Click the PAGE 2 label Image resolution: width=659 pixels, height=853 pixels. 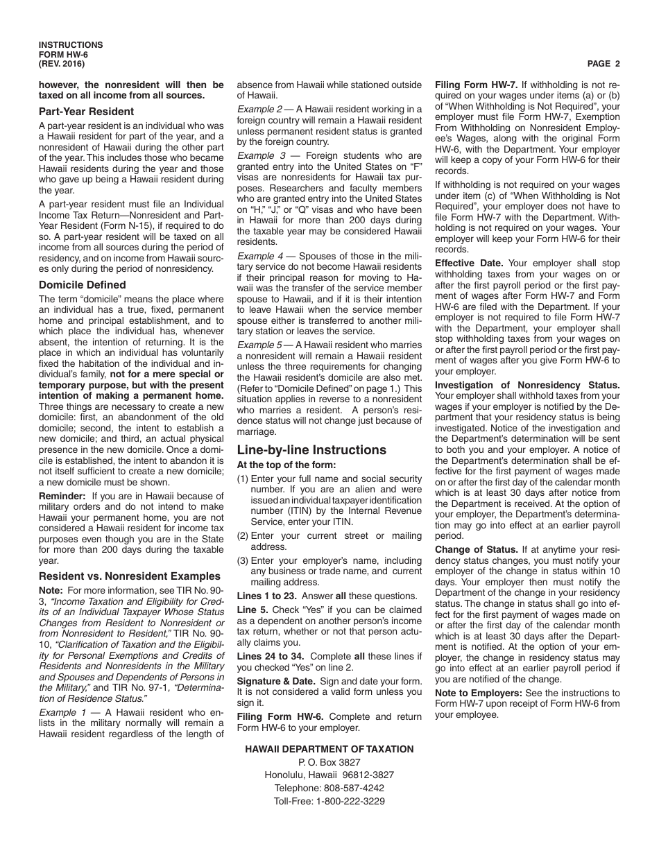[603, 64]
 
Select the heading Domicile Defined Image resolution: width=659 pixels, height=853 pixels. [82, 285]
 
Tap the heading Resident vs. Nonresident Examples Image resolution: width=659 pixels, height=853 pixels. [130, 576]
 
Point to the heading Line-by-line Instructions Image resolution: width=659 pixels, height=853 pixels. [311, 449]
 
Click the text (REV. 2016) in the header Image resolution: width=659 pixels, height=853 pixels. [62, 64]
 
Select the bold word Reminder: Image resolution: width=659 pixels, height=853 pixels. [62, 496]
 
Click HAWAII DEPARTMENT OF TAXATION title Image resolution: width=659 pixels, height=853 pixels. [329, 749]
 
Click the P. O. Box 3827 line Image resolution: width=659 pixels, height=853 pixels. [329, 762]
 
